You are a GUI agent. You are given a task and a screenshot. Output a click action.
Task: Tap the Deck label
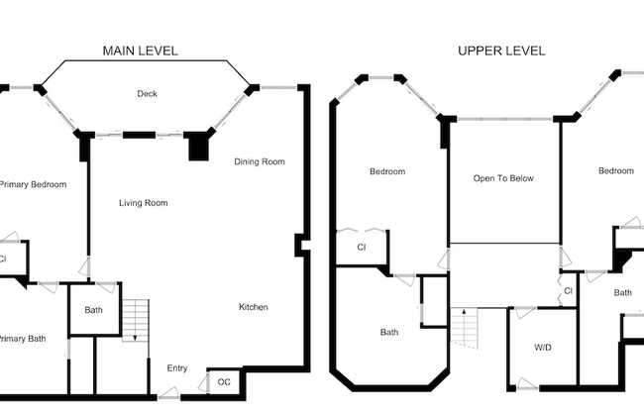(147, 94)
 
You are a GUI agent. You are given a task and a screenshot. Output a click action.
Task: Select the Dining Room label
(260, 161)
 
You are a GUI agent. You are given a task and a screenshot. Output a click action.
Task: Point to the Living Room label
(144, 203)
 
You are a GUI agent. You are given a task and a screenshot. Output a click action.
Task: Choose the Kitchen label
(254, 307)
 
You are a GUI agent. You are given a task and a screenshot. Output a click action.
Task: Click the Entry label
(176, 368)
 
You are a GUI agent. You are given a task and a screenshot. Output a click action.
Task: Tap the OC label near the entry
(224, 381)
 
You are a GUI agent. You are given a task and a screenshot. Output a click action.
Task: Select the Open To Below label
(503, 178)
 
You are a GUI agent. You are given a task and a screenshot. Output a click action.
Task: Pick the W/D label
(543, 348)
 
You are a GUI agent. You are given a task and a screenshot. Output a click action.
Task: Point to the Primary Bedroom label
(33, 184)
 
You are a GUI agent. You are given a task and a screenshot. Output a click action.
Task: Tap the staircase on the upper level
(466, 329)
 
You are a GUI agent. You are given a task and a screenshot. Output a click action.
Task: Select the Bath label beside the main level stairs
(93, 310)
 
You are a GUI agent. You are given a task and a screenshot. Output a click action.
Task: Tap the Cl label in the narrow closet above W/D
(568, 290)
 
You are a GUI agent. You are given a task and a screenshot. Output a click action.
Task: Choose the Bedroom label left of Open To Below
(387, 171)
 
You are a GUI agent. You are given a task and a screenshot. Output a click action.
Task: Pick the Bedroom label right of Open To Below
(615, 170)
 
